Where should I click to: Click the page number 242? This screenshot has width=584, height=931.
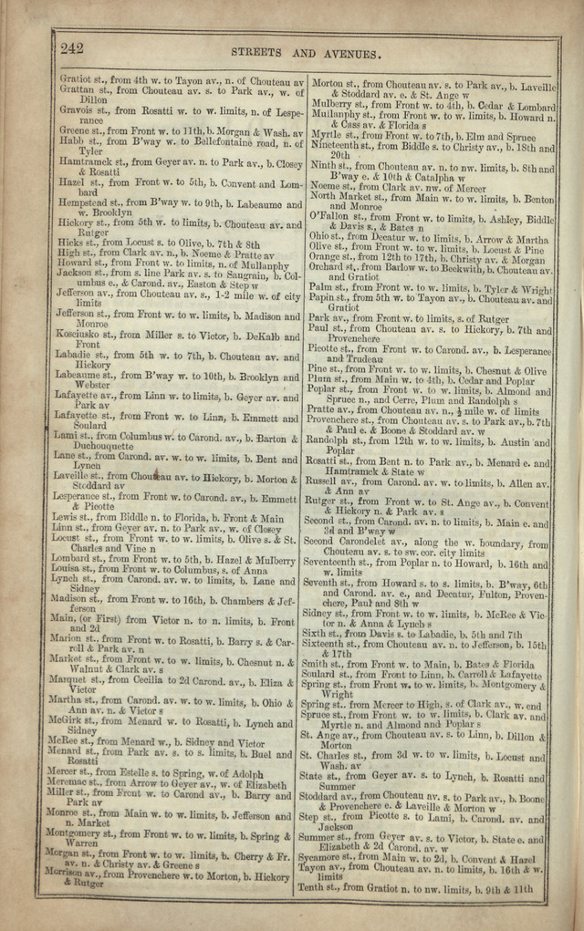click(72, 47)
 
